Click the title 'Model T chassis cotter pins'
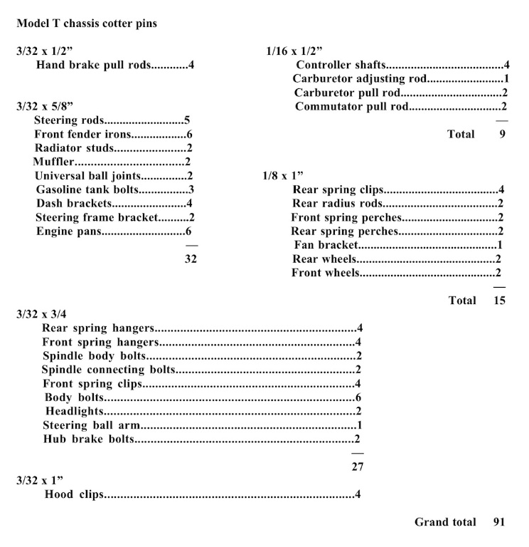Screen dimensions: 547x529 pyautogui.click(x=87, y=24)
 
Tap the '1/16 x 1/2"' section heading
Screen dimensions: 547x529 pyautogui.click(x=294, y=51)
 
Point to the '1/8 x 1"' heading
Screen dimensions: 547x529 pyautogui.click(x=284, y=175)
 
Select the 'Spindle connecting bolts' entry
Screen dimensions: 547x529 pyautogui.click(x=107, y=370)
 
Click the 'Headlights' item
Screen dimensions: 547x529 pyautogui.click(x=75, y=411)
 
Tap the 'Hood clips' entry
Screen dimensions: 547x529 pyautogui.click(x=74, y=494)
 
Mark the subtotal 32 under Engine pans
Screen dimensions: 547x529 pyautogui.click(x=191, y=259)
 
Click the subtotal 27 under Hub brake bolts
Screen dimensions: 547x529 pyautogui.click(x=358, y=467)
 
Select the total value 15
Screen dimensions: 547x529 pyautogui.click(x=499, y=301)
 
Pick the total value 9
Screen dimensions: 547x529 pyautogui.click(x=502, y=134)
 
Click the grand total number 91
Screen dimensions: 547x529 pyautogui.click(x=498, y=522)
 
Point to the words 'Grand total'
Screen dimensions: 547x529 pyautogui.click(x=445, y=522)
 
